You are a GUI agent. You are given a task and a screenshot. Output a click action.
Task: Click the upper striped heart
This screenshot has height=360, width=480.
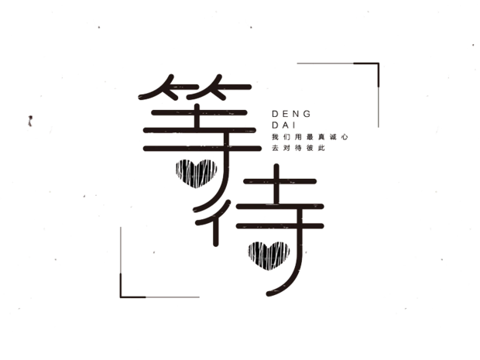coord(196,172)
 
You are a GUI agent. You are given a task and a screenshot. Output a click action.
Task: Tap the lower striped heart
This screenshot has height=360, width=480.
coord(268,252)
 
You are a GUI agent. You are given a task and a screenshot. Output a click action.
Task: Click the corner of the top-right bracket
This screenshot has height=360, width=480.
coord(379,63)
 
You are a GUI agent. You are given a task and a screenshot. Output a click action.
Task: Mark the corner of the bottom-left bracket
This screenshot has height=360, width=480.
coord(121,295)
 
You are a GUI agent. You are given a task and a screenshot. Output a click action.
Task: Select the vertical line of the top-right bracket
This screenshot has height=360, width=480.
coord(379,97)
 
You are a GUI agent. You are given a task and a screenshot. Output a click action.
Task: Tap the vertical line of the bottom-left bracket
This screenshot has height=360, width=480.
coord(121,259)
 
